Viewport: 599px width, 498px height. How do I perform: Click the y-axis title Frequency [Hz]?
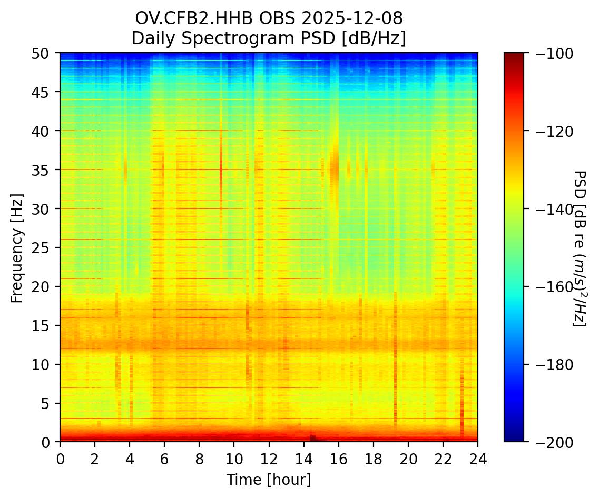17,248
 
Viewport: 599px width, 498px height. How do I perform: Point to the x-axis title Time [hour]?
269,480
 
